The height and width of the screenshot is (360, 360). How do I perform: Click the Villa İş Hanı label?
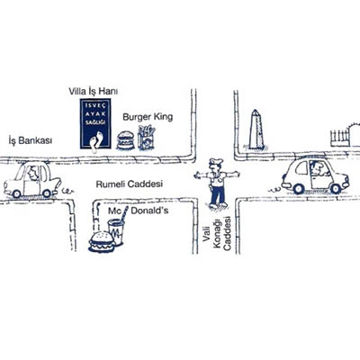pos(93,91)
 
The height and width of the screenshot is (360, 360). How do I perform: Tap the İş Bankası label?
pos(31,140)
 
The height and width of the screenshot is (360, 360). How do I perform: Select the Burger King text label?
pos(148,117)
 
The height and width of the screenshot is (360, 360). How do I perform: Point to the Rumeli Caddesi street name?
pos(130,184)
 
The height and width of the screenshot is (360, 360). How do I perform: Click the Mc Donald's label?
pos(139,211)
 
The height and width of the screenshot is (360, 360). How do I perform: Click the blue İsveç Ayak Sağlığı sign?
pos(95,123)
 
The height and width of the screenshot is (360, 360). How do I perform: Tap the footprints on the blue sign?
pos(96,142)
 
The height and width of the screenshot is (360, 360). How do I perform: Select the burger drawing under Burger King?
pos(125,140)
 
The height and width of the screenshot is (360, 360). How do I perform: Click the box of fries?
pos(146,138)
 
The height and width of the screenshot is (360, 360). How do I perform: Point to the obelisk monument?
pos(256,130)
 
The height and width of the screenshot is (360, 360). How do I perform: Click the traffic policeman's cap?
pos(216,162)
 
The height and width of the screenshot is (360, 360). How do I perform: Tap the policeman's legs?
pos(218,196)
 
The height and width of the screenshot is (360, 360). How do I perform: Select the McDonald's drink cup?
pos(116,231)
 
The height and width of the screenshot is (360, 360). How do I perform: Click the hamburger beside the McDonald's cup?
pos(102,241)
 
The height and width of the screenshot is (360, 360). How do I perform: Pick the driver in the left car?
pos(32,174)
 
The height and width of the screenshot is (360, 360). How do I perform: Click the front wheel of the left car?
pos(47,193)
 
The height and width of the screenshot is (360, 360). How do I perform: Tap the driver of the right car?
pos(318,168)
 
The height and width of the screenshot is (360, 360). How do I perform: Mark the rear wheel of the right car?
pos(299,188)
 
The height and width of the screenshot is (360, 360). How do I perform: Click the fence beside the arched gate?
pos(339,138)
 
